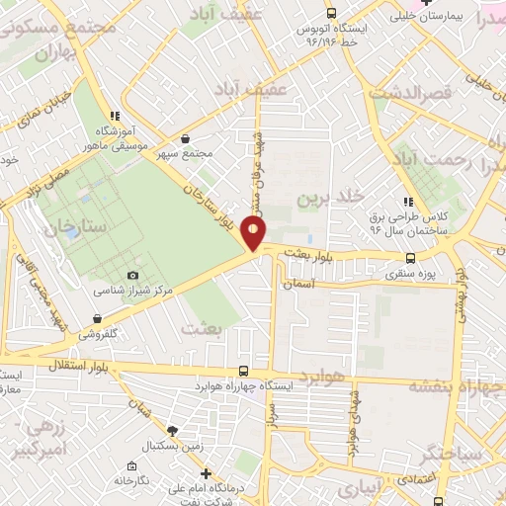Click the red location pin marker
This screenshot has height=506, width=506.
[255, 233]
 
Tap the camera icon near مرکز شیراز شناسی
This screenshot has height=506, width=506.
[133, 275]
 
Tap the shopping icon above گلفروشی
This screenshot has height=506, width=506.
[98, 318]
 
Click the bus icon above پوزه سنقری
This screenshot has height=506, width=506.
[410, 258]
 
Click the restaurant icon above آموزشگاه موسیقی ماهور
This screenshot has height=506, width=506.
[117, 116]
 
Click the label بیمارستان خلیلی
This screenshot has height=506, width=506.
[427, 17]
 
